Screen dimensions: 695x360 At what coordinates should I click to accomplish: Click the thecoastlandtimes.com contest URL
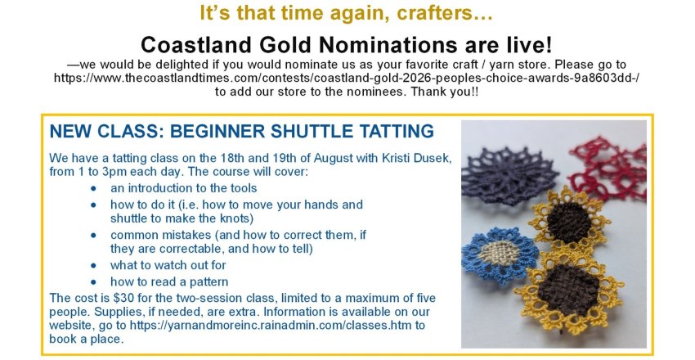coord(347,78)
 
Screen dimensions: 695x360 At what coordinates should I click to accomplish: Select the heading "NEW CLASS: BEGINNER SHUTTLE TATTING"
coord(241,131)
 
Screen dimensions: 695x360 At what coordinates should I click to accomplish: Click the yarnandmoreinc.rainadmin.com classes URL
coord(271,325)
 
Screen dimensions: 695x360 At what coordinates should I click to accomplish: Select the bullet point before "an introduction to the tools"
coord(93,188)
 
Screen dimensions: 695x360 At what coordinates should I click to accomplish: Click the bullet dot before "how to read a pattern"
coord(93,282)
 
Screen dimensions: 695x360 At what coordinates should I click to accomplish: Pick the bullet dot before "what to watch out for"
coord(93,266)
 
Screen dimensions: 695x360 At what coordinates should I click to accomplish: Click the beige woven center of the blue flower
coord(499,253)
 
